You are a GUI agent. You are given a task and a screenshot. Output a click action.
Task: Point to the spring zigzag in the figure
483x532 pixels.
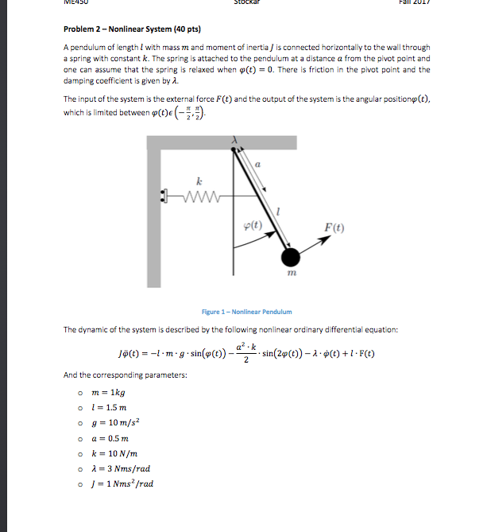195,193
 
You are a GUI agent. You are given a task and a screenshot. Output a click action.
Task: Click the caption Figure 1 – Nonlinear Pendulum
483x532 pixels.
247,312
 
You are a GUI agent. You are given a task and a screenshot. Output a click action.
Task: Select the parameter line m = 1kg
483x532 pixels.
109,393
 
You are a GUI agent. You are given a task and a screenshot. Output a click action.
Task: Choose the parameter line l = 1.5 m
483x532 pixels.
110,407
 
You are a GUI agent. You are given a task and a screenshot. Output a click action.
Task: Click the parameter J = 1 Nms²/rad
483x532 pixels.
123,483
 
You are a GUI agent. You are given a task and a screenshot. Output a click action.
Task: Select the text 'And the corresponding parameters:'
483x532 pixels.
125,375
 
